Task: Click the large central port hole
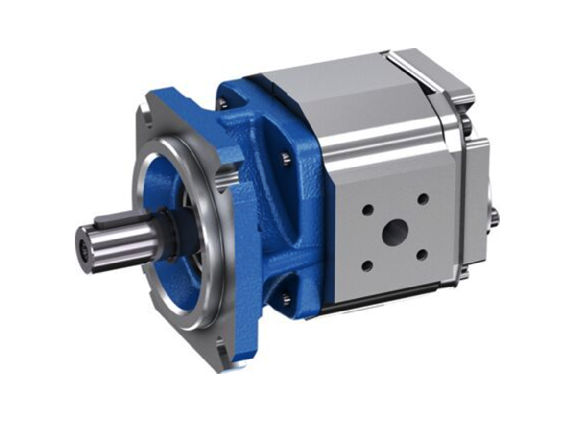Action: coord(395,232)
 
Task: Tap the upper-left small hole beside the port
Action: coord(367,210)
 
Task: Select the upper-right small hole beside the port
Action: coord(423,199)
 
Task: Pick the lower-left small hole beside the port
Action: coord(367,265)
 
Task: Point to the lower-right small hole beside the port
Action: coord(423,253)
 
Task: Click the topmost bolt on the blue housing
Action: coord(222,103)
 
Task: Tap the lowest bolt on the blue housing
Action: coord(286,297)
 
